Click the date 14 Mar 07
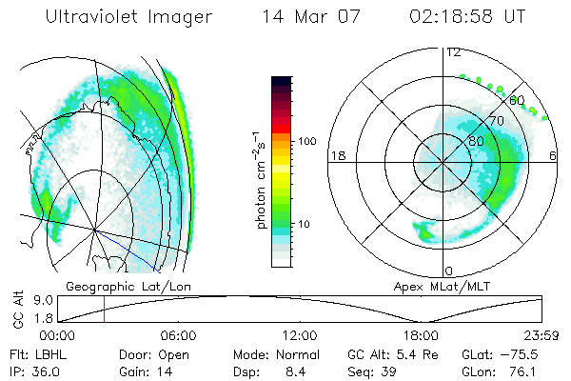point(304,17)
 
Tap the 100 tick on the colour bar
point(306,141)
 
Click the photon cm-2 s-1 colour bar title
point(261,175)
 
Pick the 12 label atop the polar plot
point(453,52)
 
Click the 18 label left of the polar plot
point(336,156)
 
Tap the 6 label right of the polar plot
point(554,156)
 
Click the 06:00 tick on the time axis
point(178,335)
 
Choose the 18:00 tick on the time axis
point(421,335)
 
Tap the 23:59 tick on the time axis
point(541,335)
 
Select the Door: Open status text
point(144,353)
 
